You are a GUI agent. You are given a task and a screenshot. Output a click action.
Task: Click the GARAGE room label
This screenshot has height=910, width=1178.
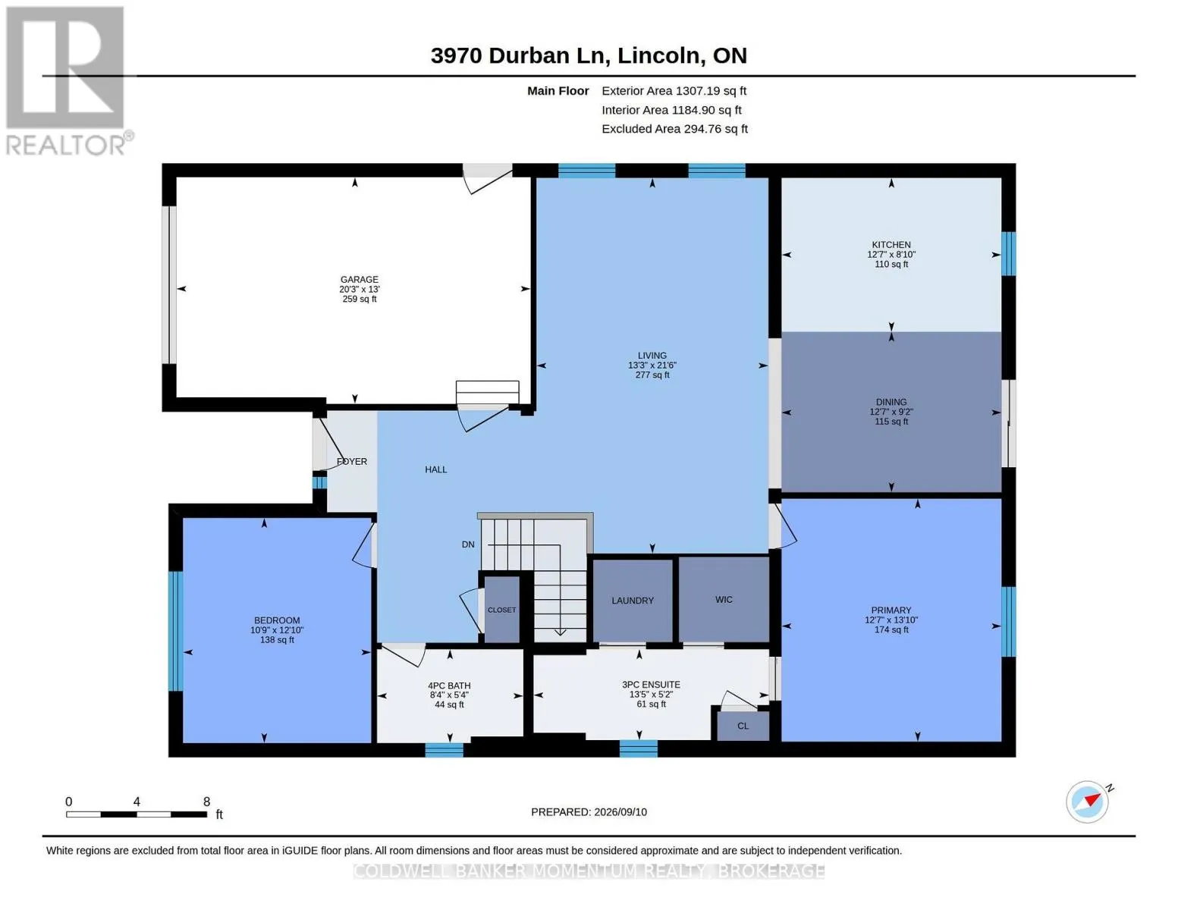(359, 280)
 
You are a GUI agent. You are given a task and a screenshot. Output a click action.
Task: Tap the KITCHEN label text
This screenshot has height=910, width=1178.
(891, 245)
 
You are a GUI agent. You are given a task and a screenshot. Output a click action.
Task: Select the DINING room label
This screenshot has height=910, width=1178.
(891, 402)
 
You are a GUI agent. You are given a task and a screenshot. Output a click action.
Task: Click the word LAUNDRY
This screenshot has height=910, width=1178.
(632, 601)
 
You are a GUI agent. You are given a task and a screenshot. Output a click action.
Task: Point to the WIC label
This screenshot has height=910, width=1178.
(724, 599)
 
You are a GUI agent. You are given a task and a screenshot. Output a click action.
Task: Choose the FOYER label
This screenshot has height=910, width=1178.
(352, 461)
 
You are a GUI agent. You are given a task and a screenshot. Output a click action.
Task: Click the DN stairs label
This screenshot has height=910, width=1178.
(468, 544)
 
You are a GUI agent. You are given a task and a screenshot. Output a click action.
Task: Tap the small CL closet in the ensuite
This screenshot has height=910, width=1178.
(743, 726)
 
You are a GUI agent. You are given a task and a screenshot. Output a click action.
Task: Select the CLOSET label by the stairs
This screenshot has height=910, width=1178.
(501, 610)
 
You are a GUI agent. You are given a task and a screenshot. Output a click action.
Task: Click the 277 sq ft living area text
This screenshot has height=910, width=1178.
(652, 375)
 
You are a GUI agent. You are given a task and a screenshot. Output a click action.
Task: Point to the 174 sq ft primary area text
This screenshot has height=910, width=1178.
(891, 629)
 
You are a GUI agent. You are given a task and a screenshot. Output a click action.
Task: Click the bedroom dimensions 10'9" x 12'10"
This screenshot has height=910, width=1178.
(276, 630)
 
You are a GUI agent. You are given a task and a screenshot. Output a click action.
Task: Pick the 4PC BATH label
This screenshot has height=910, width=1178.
(449, 686)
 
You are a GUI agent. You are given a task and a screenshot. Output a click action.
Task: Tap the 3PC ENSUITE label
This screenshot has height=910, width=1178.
(651, 685)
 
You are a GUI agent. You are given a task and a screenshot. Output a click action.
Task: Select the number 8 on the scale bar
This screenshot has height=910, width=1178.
(206, 802)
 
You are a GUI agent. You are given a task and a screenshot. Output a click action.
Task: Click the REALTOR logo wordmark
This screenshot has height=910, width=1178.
(66, 146)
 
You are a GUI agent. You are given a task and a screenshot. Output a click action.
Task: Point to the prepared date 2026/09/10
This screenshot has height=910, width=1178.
(620, 812)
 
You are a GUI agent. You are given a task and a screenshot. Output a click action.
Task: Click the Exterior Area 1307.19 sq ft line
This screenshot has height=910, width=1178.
(674, 91)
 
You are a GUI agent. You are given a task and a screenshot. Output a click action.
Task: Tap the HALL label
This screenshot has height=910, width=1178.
(436, 469)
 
